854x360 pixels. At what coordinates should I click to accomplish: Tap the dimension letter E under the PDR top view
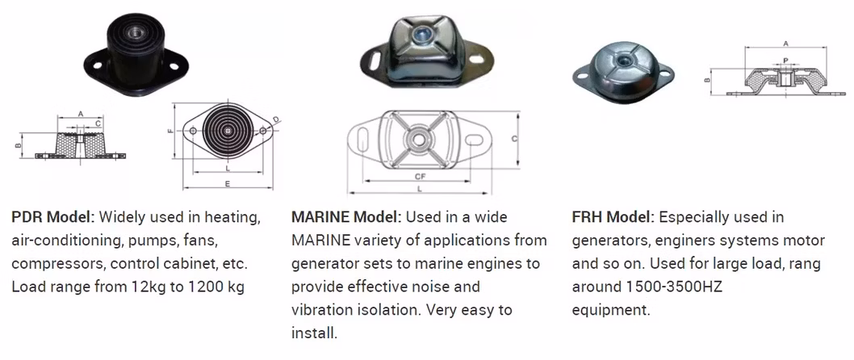228,184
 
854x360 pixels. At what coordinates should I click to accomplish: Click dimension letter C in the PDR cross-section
98,123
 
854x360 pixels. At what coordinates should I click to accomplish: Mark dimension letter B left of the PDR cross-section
17,145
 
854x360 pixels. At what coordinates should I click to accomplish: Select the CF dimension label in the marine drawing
420,176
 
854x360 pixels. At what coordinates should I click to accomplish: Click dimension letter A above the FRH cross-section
785,44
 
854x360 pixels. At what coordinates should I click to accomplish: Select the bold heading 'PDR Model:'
53,218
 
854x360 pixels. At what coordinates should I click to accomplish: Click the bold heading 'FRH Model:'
613,218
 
